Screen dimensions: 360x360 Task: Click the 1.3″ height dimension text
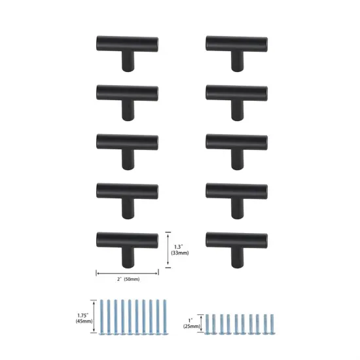(178, 246)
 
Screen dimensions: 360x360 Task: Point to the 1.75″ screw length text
(84, 313)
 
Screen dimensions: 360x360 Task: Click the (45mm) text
(84, 321)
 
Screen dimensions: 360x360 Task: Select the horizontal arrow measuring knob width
(127, 272)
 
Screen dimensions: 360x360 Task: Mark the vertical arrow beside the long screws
(95, 317)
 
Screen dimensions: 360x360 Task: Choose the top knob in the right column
(236, 46)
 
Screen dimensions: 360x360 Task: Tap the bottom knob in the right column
(236, 242)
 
